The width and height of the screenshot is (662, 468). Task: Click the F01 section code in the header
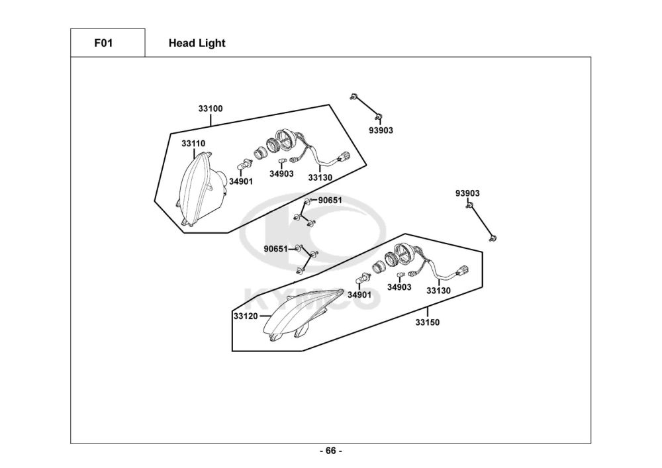point(103,43)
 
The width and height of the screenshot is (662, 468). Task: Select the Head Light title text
point(197,44)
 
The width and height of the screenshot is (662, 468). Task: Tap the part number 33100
point(211,109)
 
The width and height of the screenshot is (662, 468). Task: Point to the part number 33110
point(193,144)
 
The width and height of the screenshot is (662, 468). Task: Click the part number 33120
point(246,316)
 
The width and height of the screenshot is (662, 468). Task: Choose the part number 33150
point(427,322)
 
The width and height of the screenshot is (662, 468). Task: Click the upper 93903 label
point(381,130)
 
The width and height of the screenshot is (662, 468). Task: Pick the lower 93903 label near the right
point(467,193)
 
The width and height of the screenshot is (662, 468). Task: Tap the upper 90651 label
point(330,201)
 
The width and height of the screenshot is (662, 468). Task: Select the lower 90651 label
point(275,249)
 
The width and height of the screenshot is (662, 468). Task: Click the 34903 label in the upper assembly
point(281,173)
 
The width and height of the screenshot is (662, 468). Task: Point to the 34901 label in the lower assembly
point(359,295)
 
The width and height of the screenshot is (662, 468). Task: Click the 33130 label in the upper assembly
point(320,177)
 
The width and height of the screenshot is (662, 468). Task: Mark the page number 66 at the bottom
point(331,451)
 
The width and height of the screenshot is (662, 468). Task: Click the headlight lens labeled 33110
point(201,188)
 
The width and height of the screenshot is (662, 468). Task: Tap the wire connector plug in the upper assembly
point(344,157)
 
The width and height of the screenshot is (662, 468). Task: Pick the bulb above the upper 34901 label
point(245,164)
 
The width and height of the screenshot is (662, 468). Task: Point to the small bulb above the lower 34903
point(401,275)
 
